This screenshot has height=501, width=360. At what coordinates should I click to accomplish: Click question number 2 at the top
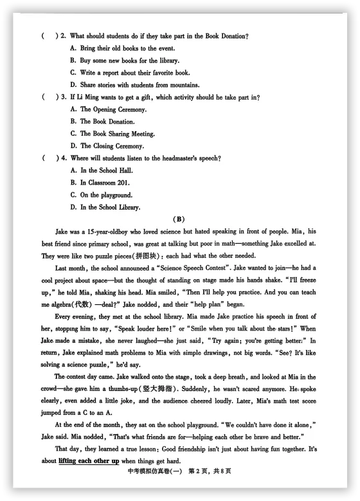tap(62, 36)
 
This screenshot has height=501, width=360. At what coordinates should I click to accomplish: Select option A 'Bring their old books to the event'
tap(122, 48)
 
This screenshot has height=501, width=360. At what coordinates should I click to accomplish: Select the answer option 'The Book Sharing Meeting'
tap(112, 134)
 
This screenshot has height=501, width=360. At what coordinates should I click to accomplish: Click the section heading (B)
tap(180, 219)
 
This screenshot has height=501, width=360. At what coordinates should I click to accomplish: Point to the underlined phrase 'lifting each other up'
tap(89, 461)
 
